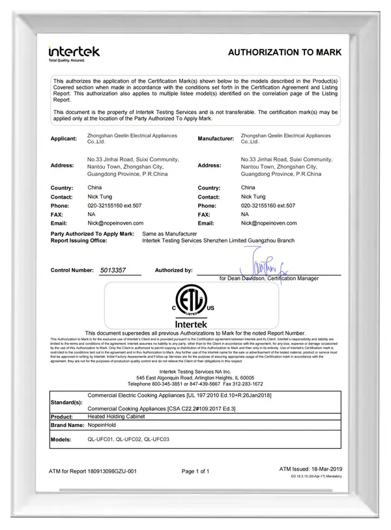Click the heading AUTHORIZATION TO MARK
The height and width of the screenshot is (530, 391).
click(284, 52)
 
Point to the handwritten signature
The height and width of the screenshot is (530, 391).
click(261, 267)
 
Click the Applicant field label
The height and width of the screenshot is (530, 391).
click(64, 139)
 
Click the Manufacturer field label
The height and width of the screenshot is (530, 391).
click(216, 139)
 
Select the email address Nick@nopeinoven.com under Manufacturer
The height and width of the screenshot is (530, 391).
click(268, 223)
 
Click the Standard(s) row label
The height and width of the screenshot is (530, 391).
click(66, 402)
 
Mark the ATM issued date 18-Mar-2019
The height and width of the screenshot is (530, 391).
click(310, 469)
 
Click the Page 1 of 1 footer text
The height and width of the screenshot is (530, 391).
click(195, 471)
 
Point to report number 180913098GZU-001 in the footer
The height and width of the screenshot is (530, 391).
click(93, 471)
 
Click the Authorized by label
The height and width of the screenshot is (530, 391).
click(173, 270)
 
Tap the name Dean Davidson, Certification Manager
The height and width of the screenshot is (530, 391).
click(269, 278)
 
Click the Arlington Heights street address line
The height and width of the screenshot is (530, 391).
click(195, 378)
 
